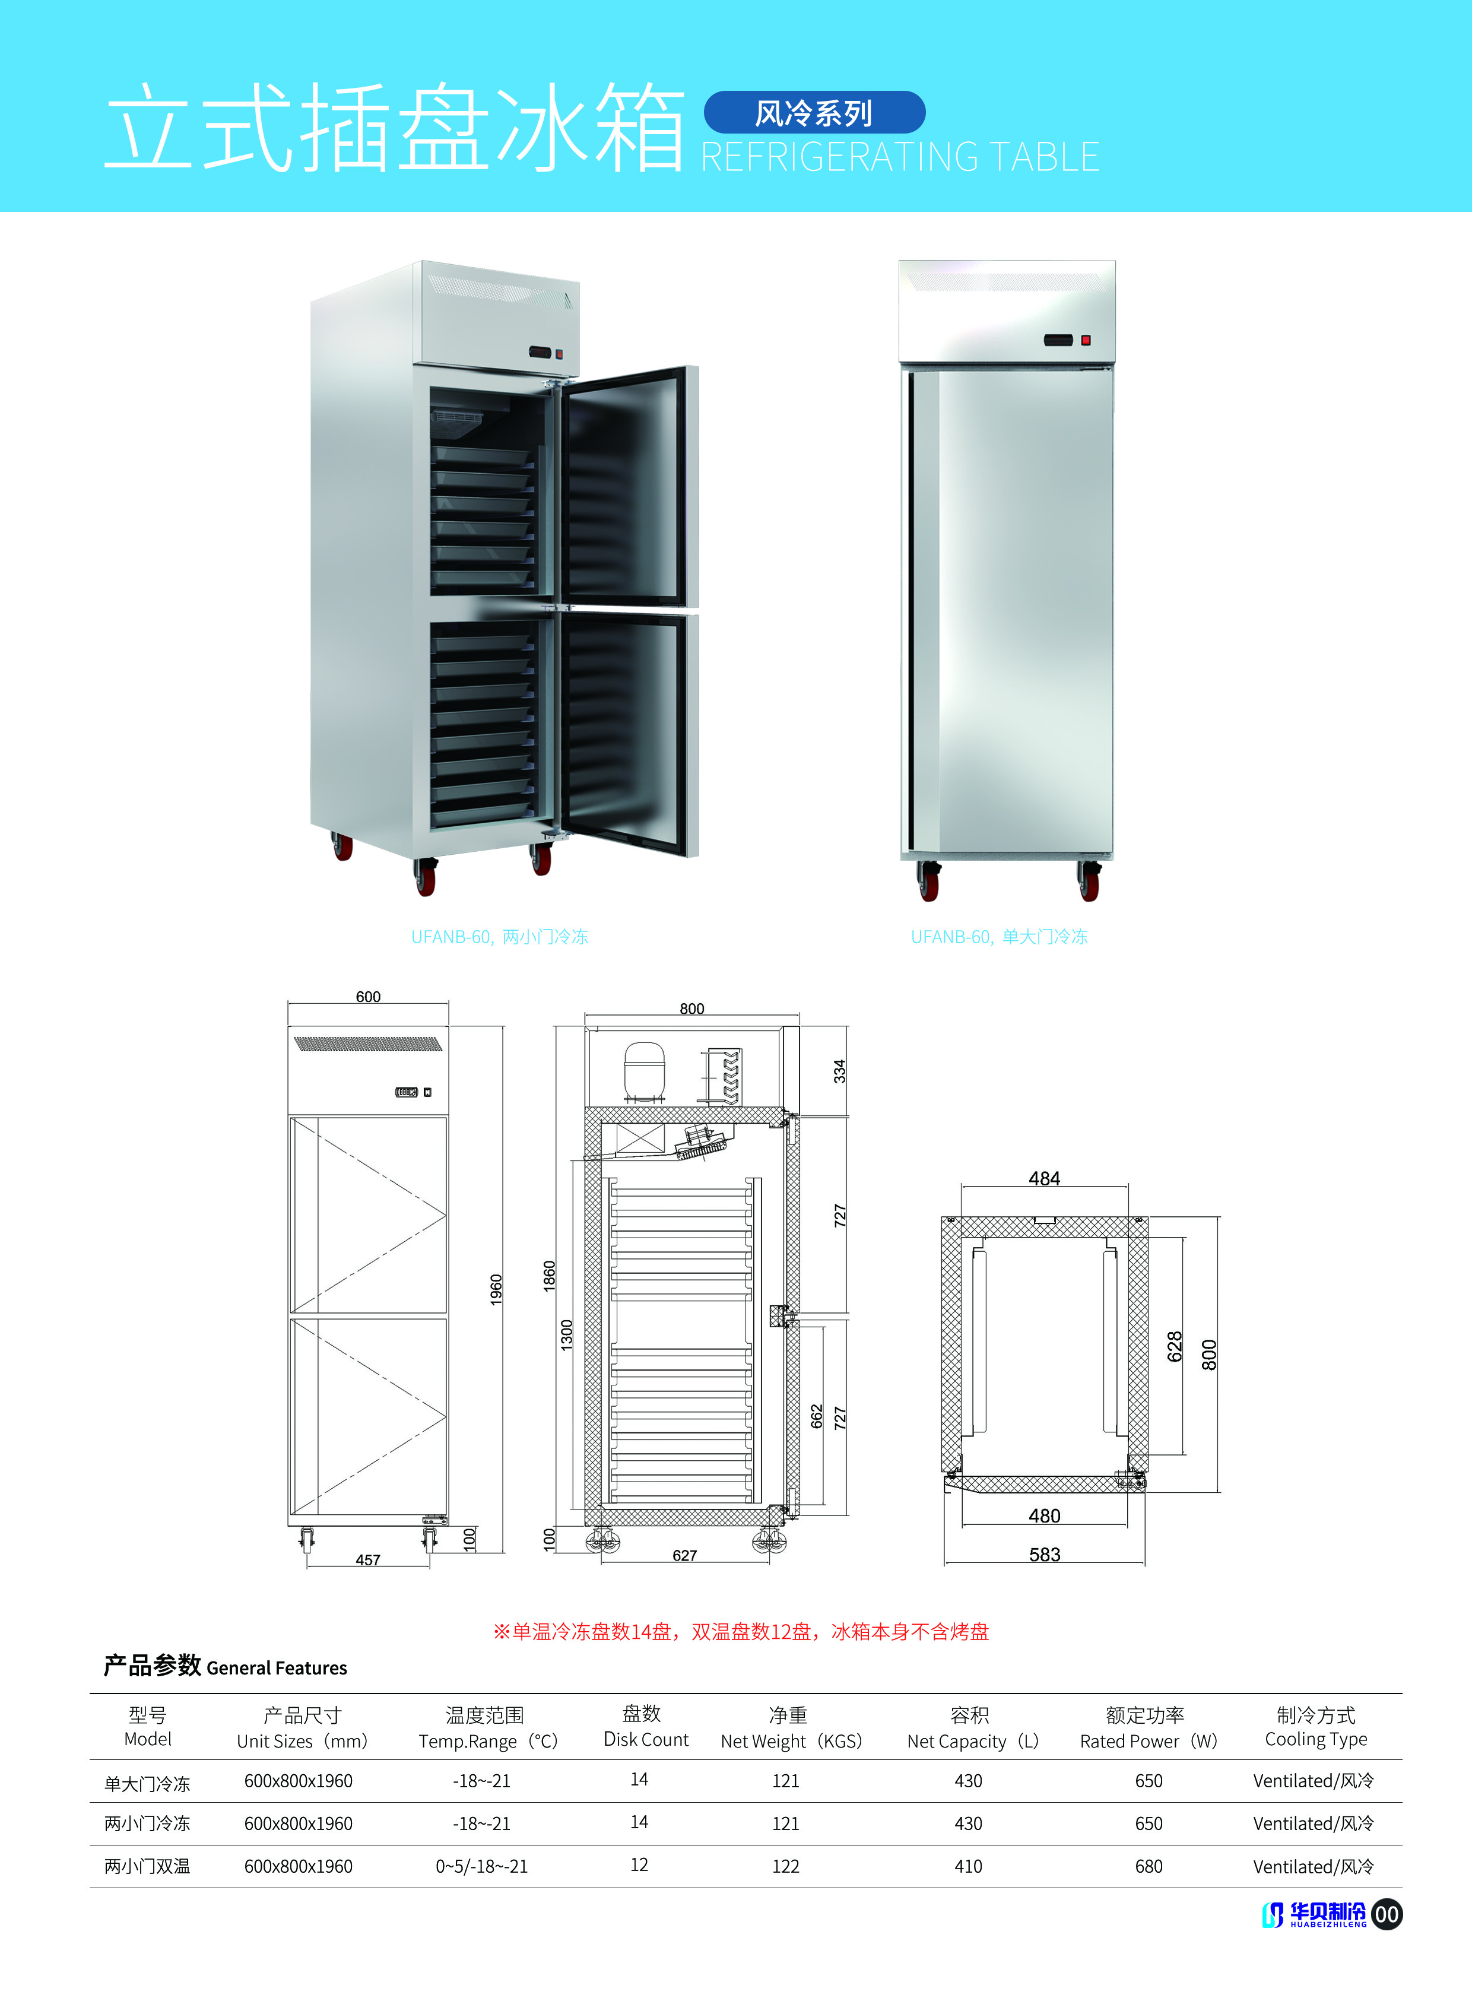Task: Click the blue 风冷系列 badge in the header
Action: tap(814, 112)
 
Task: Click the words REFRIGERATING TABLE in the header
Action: tap(900, 157)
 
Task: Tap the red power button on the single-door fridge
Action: tap(1085, 340)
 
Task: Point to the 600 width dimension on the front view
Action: tap(368, 996)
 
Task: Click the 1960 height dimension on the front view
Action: tap(496, 1289)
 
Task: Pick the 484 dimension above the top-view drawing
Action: tap(1044, 1178)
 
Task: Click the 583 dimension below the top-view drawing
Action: tap(1044, 1554)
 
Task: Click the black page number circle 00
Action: tap(1387, 1914)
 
